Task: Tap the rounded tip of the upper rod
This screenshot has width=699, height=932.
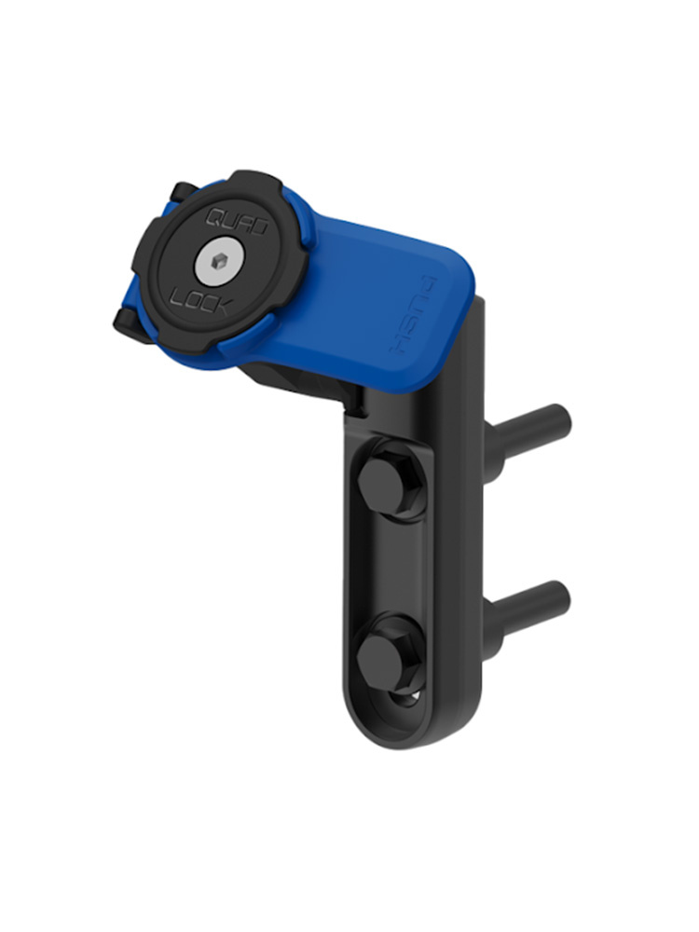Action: click(561, 419)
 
